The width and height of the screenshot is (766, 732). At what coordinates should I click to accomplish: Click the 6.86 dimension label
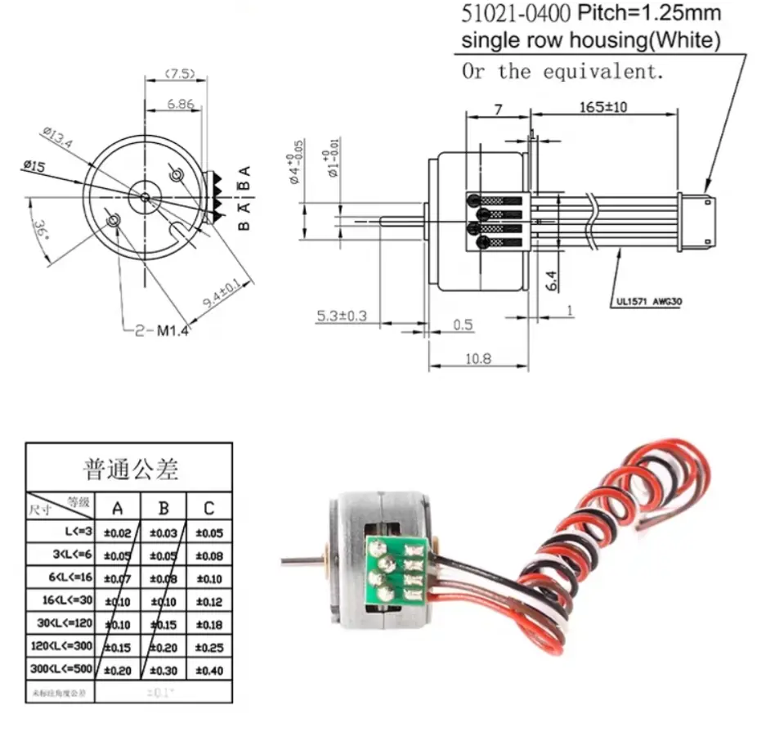180,104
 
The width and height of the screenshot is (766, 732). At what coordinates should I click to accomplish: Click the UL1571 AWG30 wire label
646,301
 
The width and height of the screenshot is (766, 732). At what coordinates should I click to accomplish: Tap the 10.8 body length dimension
480,357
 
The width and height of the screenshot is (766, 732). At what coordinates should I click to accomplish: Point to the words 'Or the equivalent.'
562,71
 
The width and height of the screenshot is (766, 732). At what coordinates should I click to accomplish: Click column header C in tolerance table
209,509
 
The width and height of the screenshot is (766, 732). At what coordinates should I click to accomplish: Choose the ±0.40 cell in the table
209,671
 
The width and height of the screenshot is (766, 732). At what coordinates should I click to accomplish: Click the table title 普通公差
131,469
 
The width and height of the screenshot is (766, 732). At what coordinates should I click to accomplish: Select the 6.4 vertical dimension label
553,281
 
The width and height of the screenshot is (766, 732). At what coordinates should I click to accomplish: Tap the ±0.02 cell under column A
118,533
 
